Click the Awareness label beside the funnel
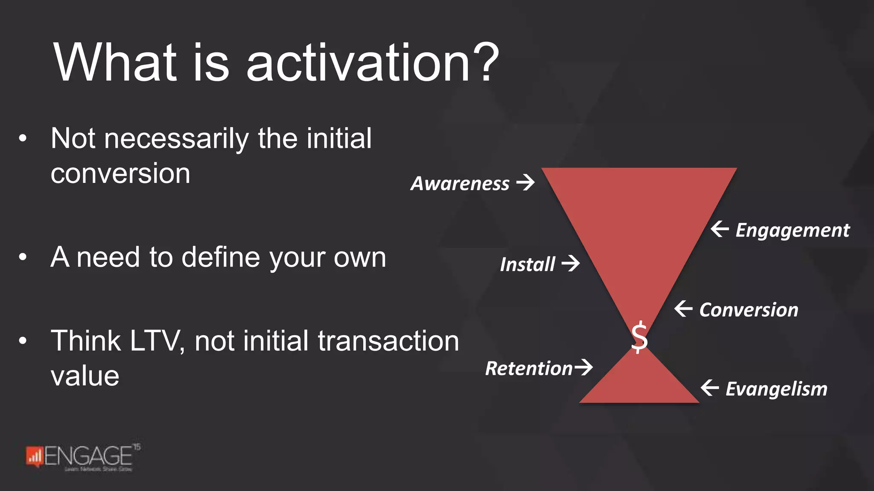pos(460,184)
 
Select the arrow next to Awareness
pos(526,182)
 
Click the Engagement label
pos(792,231)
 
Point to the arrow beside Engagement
pos(720,229)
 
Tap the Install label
pos(527,265)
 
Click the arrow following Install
pos(571,263)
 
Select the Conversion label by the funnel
pos(749,310)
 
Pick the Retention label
pos(529,369)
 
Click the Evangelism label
pos(776,389)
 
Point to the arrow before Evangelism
pos(710,387)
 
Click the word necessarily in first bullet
pos(176,139)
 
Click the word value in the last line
pos(85,376)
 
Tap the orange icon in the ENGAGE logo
pos(34,456)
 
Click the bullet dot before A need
pos(23,257)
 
